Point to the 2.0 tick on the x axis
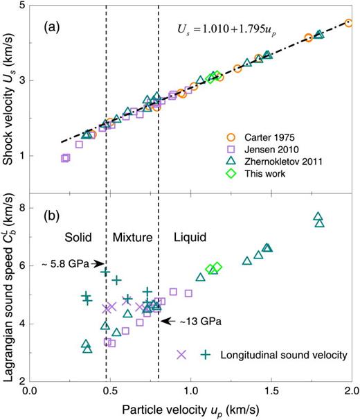pyautogui.click(x=351, y=392)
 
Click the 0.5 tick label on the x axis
pyautogui.click(x=110, y=392)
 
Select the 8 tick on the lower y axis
pyautogui.click(x=22, y=207)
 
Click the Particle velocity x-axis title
pyautogui.click(x=191, y=410)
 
